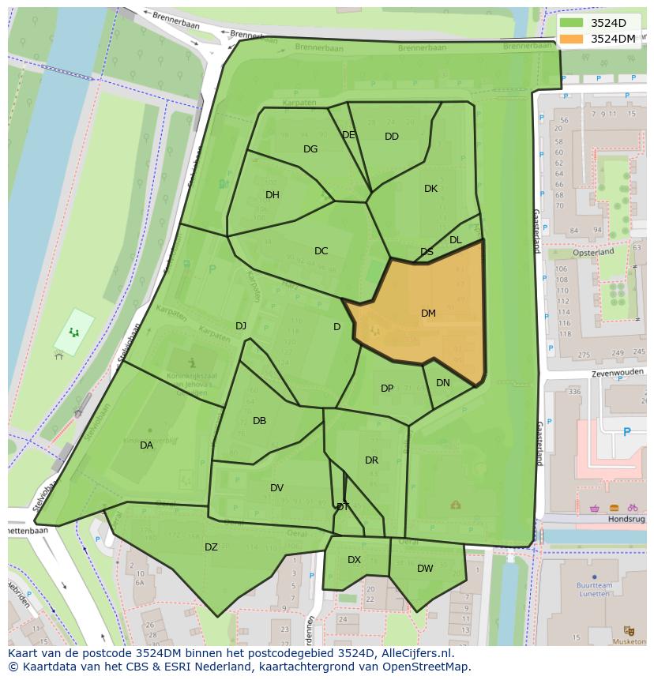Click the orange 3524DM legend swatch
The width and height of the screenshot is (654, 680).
[572, 39]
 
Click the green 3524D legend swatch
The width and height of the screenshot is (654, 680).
[572, 23]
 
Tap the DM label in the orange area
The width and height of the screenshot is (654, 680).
[428, 314]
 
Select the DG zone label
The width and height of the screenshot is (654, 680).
[310, 149]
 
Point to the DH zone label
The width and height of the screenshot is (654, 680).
[272, 195]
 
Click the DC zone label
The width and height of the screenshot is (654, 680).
[321, 251]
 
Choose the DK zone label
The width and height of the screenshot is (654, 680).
[430, 189]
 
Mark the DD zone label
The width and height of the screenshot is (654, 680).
[392, 137]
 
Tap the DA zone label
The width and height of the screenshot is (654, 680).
[146, 445]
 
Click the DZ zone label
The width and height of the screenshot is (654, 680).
[211, 547]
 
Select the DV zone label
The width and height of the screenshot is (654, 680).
[276, 488]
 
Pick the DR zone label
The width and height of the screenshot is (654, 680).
[371, 460]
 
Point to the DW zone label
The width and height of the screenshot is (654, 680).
[425, 569]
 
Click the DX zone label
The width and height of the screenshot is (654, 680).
[354, 560]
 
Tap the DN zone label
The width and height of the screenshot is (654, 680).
[443, 383]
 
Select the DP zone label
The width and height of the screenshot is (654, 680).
[387, 389]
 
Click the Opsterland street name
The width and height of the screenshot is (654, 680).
[593, 252]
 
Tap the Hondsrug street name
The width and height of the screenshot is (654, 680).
[626, 520]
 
